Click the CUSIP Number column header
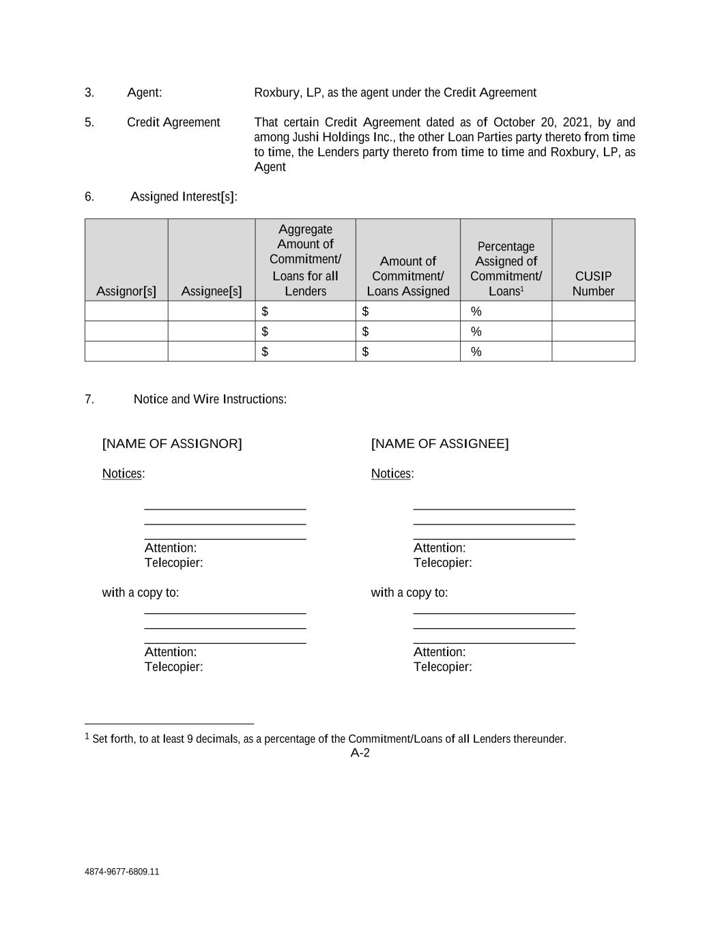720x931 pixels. pos(593,284)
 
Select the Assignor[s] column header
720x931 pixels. pos(126,291)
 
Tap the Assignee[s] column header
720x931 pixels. pos(212,291)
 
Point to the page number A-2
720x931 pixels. pos(360,753)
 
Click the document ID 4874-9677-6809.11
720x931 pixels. pos(122,872)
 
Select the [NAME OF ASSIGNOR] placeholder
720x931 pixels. pos(172,444)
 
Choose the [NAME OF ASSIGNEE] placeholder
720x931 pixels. pos(440,444)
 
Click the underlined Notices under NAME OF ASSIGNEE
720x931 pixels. pos(391,473)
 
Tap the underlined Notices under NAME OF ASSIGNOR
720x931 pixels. pos(122,473)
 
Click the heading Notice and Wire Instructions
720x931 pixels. pos(210,399)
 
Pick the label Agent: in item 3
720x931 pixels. pos(145,93)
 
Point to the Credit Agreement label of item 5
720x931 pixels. pos(173,122)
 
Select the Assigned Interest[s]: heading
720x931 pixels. pos(184,196)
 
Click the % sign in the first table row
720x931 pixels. pos(476,312)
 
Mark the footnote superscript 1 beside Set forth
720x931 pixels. pos(87,737)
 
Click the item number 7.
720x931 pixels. pos(89,399)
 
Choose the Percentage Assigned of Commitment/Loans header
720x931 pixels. pos(506,269)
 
